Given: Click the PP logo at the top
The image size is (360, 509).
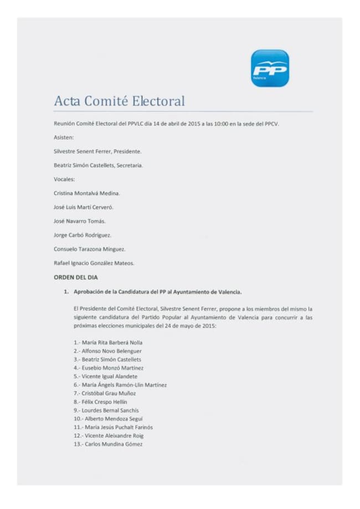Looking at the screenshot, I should [270, 69].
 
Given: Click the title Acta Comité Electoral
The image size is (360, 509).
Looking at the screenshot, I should [119, 101].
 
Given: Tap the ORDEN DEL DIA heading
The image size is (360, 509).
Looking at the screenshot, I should [76, 277].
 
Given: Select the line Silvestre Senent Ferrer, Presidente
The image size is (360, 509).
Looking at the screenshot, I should [97, 151].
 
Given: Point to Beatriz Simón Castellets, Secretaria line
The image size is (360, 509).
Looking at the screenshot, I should [98, 165].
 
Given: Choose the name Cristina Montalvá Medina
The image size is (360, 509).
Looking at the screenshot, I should [87, 193].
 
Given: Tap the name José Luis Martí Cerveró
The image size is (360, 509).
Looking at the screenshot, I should [84, 207].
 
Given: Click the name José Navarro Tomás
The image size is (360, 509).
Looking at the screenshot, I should [80, 221].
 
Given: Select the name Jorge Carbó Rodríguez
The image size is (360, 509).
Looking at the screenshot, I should [83, 235].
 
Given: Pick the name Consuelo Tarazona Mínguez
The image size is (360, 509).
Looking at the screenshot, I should [89, 249].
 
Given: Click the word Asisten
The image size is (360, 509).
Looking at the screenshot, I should [64, 137].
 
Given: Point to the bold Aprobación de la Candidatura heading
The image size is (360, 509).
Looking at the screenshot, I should [157, 291].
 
